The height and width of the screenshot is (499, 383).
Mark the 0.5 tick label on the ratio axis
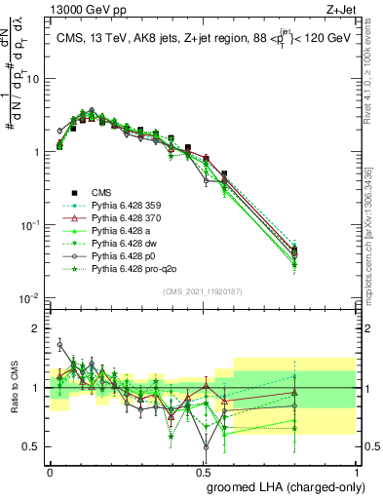tap(33, 447)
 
